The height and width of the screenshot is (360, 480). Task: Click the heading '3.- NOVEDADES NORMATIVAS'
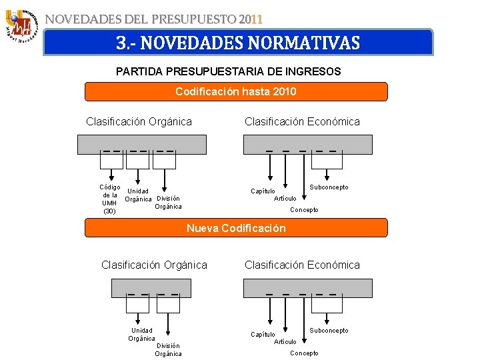pyautogui.click(x=238, y=43)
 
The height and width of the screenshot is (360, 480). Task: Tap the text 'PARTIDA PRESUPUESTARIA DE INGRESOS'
pyautogui.click(x=229, y=71)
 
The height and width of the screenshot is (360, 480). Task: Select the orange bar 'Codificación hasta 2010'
pyautogui.click(x=236, y=91)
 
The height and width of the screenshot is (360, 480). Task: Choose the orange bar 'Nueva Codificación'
pyautogui.click(x=236, y=228)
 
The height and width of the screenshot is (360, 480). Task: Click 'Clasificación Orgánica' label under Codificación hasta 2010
pyautogui.click(x=139, y=121)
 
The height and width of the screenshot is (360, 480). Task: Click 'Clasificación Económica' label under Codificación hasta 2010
pyautogui.click(x=302, y=121)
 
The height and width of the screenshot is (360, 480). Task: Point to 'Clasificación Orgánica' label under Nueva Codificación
pyautogui.click(x=154, y=265)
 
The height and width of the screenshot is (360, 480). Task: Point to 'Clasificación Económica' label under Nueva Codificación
pyautogui.click(x=302, y=265)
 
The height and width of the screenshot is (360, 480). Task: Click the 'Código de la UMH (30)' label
pyautogui.click(x=109, y=199)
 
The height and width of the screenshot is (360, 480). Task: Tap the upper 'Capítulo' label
pyautogui.click(x=263, y=191)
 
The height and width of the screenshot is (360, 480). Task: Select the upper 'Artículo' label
pyautogui.click(x=285, y=198)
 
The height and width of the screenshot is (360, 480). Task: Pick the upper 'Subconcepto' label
pyautogui.click(x=329, y=187)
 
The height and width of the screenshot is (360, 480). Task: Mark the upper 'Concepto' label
pyautogui.click(x=304, y=210)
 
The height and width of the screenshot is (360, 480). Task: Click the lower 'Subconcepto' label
pyautogui.click(x=329, y=331)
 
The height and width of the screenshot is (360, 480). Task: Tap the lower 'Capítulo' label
pyautogui.click(x=263, y=335)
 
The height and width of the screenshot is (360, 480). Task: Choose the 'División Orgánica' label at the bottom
pyautogui.click(x=168, y=349)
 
